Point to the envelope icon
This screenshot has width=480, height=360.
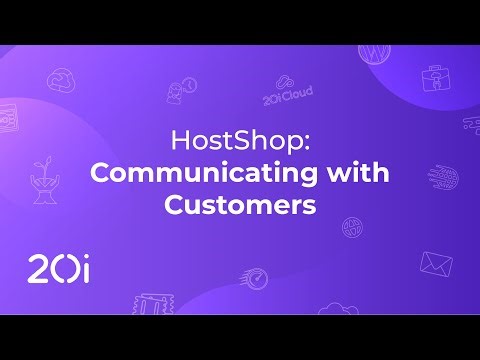(x=436, y=263)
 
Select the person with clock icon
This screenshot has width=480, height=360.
(x=180, y=92)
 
